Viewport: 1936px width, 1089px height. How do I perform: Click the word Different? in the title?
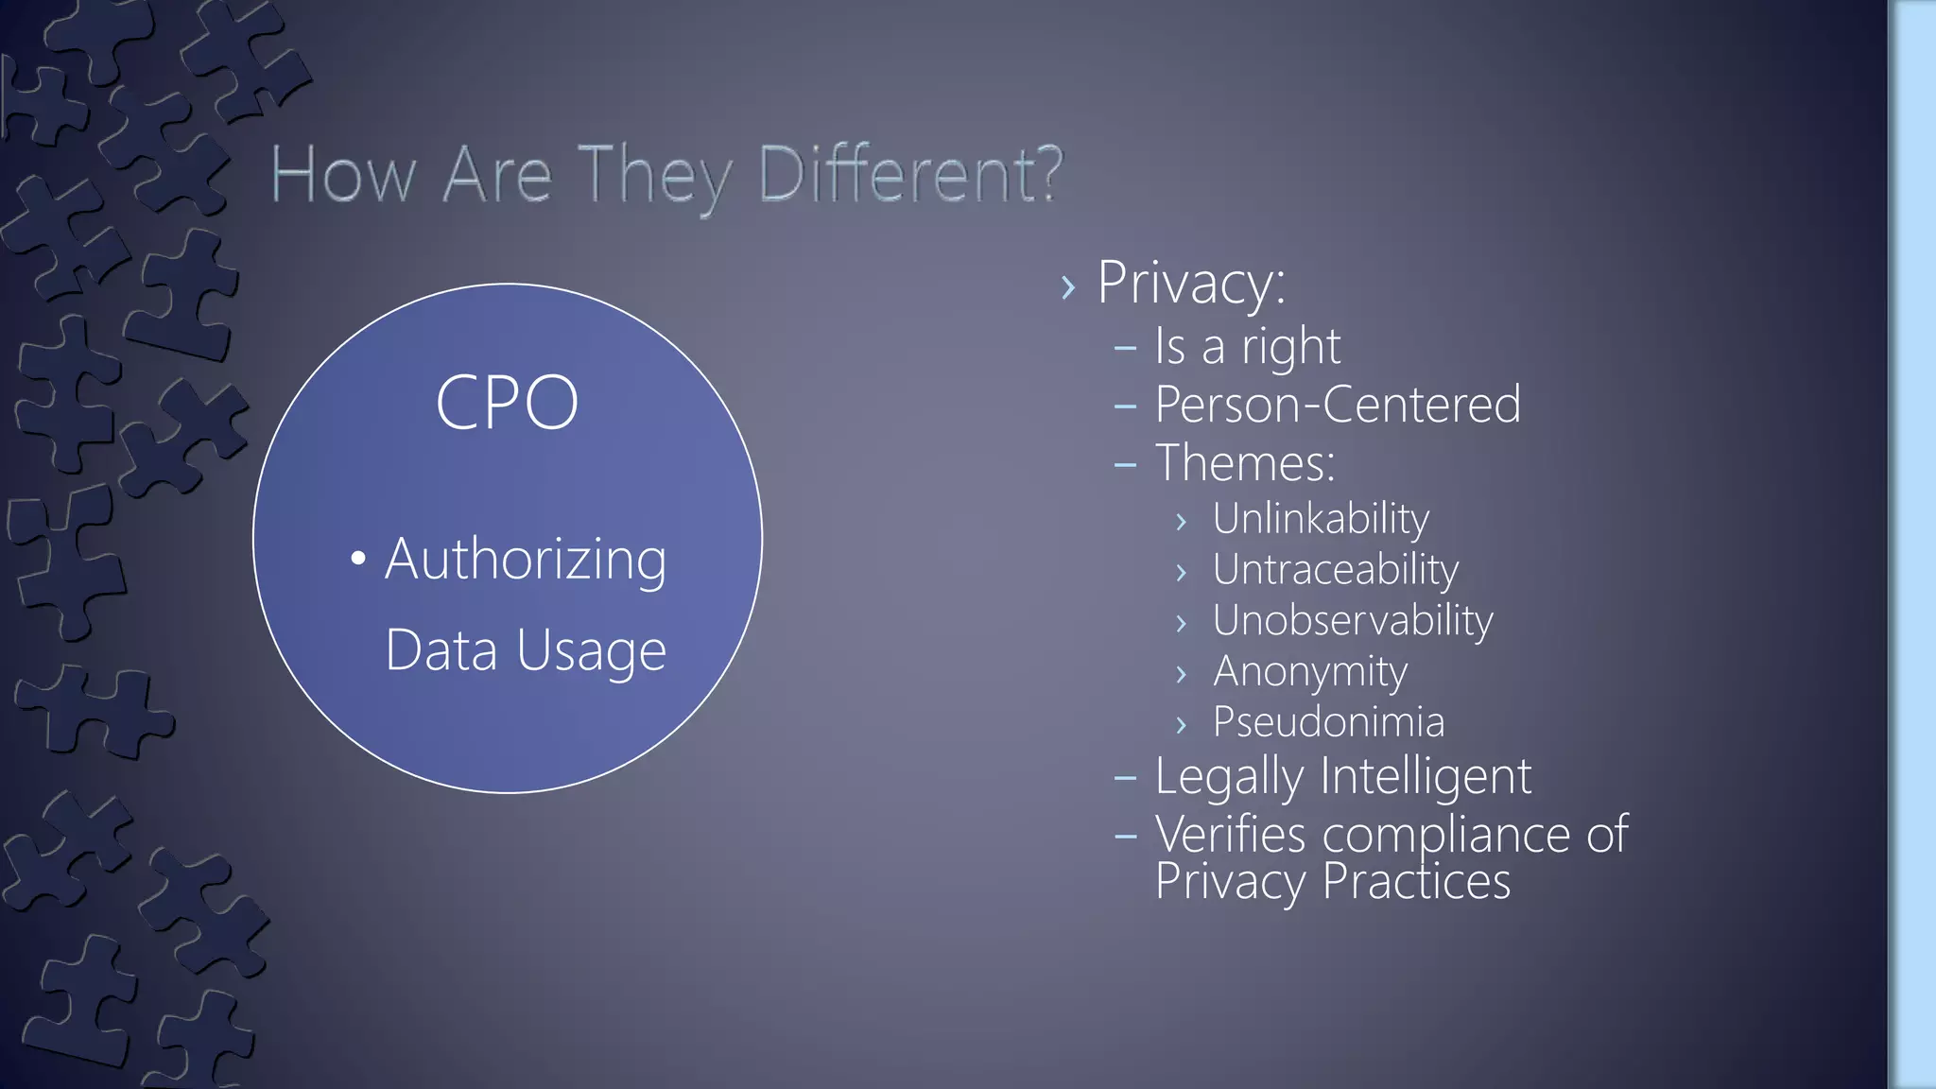pyautogui.click(x=911, y=175)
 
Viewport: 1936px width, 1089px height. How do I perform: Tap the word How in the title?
pyautogui.click(x=342, y=175)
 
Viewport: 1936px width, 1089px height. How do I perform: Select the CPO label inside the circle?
pyautogui.click(x=507, y=403)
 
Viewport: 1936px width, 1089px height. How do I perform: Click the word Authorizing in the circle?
pyautogui.click(x=526, y=560)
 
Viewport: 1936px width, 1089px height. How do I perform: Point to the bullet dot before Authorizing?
pyautogui.click(x=358, y=559)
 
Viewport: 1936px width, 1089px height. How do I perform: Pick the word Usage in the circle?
pyautogui.click(x=591, y=651)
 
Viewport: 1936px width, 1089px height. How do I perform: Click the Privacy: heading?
pyautogui.click(x=1191, y=283)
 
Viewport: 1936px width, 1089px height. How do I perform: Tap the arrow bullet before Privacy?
pyautogui.click(x=1068, y=286)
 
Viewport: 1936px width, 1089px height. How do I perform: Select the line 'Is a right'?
pyautogui.click(x=1247, y=346)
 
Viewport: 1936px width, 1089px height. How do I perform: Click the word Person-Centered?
pyautogui.click(x=1338, y=405)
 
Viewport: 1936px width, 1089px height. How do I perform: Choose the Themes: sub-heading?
pyautogui.click(x=1245, y=463)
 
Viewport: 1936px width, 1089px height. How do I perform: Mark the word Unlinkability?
pyautogui.click(x=1321, y=518)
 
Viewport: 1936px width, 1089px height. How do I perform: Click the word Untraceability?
pyautogui.click(x=1336, y=569)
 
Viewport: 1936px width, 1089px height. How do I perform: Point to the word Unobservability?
pyautogui.click(x=1353, y=620)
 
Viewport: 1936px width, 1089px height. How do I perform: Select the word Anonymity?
pyautogui.click(x=1310, y=672)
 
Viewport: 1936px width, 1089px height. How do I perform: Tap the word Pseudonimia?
pyautogui.click(x=1328, y=722)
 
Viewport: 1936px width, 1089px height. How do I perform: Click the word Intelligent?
pyautogui.click(x=1426, y=777)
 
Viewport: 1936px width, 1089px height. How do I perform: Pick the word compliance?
pyautogui.click(x=1446, y=835)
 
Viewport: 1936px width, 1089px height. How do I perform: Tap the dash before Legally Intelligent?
pyautogui.click(x=1125, y=779)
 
